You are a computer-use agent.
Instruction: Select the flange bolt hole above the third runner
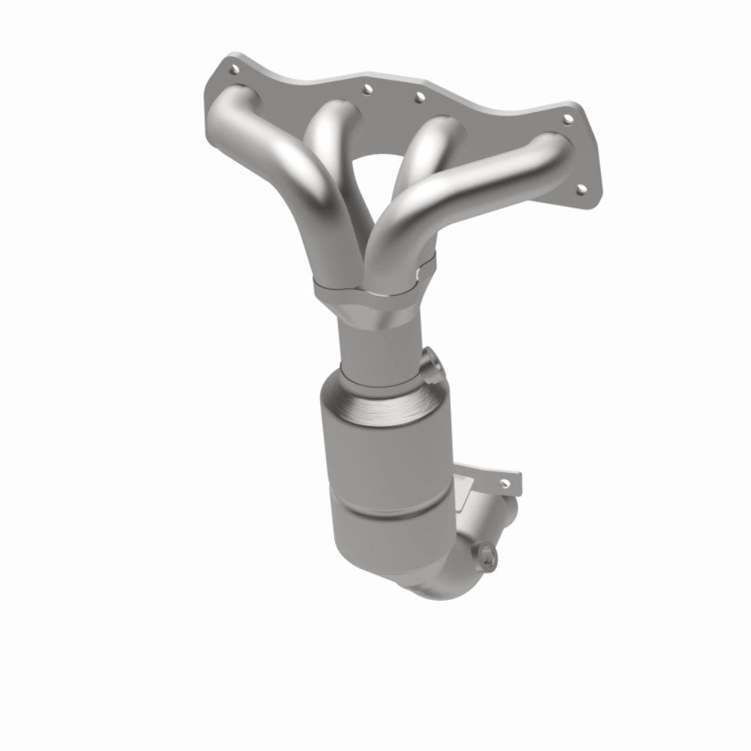coord(419,95)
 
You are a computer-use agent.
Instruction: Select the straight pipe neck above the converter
coord(375,338)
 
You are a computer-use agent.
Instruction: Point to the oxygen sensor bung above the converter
coord(433,365)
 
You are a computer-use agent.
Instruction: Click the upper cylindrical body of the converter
coord(375,451)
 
